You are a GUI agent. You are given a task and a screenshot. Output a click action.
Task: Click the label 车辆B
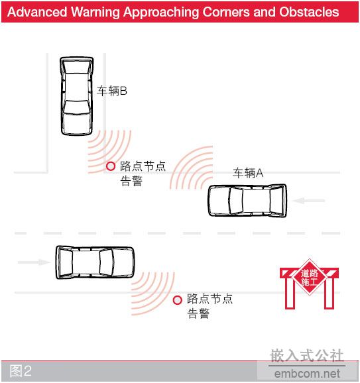[x=111, y=91]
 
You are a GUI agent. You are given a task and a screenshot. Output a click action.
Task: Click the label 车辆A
[x=248, y=173]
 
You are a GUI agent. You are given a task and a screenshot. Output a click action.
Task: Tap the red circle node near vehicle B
[x=111, y=166]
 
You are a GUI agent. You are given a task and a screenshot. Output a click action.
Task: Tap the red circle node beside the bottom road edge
[x=178, y=300]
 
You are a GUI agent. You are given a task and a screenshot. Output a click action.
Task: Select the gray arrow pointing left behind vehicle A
[x=308, y=201]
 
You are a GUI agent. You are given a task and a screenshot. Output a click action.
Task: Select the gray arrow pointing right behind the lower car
[x=34, y=262]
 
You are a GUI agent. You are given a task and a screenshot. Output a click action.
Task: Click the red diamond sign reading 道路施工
[x=310, y=277]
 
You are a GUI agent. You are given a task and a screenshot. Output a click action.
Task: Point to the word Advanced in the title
[x=37, y=12]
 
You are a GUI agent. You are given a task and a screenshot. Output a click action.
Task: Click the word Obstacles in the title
[x=309, y=12]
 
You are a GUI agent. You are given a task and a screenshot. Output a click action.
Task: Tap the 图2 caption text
[x=21, y=371]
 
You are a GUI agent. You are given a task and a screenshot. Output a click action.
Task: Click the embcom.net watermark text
[x=307, y=374]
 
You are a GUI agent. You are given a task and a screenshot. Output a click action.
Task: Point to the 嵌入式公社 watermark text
[x=307, y=356]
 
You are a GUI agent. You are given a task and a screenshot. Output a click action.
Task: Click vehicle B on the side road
[x=77, y=96]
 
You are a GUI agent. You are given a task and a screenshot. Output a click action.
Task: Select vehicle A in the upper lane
[x=247, y=201]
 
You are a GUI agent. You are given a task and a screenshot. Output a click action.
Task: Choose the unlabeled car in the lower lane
[x=95, y=262]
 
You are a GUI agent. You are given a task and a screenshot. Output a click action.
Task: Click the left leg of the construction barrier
[x=290, y=292]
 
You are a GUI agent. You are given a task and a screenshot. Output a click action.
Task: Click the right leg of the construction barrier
[x=330, y=292]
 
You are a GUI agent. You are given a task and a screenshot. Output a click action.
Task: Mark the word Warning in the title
[x=95, y=12]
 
